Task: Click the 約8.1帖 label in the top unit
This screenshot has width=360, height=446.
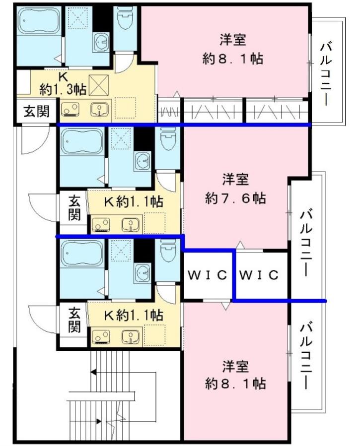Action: click(x=232, y=59)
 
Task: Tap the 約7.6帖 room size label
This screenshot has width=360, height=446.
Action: click(x=235, y=198)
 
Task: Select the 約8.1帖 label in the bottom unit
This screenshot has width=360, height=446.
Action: click(x=235, y=383)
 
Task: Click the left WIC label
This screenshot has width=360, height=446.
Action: click(x=208, y=275)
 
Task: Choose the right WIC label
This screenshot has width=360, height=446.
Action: click(x=258, y=275)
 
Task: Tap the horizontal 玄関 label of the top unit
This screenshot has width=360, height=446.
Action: click(x=36, y=111)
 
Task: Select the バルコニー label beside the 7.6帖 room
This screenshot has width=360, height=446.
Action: click(x=306, y=243)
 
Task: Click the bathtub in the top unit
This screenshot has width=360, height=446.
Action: click(x=39, y=21)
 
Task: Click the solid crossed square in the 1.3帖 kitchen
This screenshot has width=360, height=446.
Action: click(x=99, y=85)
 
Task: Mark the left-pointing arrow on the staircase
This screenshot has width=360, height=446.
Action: click(x=93, y=372)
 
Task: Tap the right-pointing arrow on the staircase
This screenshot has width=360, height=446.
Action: click(x=98, y=421)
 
